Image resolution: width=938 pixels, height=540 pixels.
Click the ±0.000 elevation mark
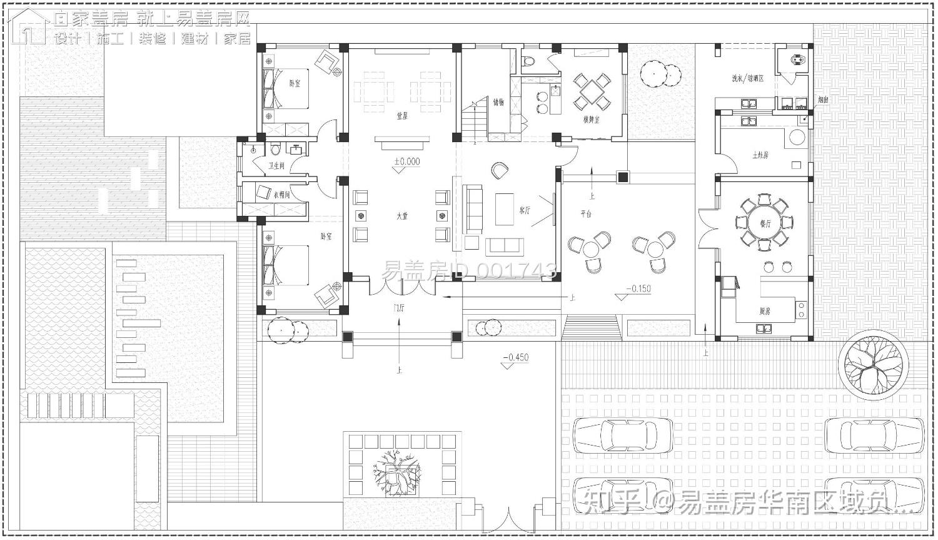click(407, 162)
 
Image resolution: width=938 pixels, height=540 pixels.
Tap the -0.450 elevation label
click(516, 358)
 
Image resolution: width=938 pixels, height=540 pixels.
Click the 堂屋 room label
click(402, 115)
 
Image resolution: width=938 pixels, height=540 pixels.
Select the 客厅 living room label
click(525, 211)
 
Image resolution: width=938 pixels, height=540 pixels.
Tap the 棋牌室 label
click(591, 119)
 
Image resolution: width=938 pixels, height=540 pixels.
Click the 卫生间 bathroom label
click(276, 166)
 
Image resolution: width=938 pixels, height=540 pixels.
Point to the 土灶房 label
click(760, 154)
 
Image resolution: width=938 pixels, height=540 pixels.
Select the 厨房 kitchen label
click(765, 311)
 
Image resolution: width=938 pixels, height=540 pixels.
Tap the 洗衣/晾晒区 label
click(749, 79)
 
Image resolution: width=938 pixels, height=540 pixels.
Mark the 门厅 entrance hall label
click(399, 307)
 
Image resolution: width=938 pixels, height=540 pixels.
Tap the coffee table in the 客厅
click(505, 209)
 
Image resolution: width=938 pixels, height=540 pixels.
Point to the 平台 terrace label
click(585, 214)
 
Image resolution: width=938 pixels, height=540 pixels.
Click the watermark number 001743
click(516, 270)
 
